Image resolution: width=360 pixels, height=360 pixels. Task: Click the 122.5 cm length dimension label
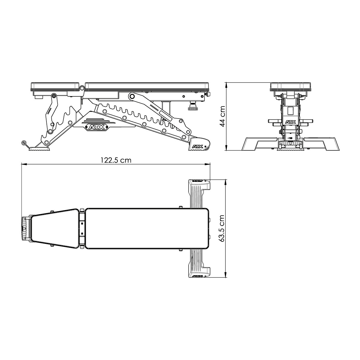tap(117, 160)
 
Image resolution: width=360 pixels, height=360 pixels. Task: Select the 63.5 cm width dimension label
tap(222, 228)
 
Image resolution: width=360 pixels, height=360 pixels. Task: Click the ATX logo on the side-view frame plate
tap(97, 127)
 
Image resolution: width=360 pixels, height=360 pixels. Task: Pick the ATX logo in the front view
tap(290, 122)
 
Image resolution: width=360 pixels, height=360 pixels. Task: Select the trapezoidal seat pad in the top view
tap(55, 228)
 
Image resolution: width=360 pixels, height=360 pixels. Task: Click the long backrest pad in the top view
tap(147, 228)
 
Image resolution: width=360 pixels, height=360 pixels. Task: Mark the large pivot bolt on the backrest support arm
tap(131, 97)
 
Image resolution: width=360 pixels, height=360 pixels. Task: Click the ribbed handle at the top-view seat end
tap(24, 228)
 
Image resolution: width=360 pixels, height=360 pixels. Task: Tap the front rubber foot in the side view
tap(39, 149)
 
